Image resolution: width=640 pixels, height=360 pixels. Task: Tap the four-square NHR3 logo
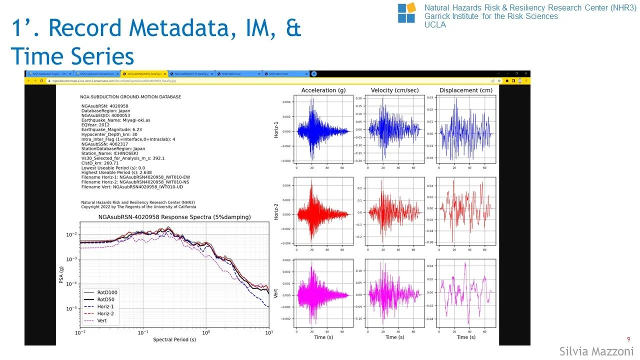(x=406, y=12)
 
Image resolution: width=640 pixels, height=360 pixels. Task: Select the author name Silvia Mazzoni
(x=596, y=351)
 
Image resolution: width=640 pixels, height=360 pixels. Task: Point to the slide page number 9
(x=628, y=339)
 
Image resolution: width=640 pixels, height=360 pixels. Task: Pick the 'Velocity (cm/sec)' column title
(x=394, y=90)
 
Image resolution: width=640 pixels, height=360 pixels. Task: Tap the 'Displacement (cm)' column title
(x=465, y=90)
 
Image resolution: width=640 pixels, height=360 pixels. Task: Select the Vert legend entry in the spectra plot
(x=102, y=320)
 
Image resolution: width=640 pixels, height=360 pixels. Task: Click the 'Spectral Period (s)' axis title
(x=174, y=340)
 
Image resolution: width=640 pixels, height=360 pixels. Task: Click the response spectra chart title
(x=174, y=217)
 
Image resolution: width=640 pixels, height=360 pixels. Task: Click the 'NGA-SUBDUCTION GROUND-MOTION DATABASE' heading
(x=130, y=96)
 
